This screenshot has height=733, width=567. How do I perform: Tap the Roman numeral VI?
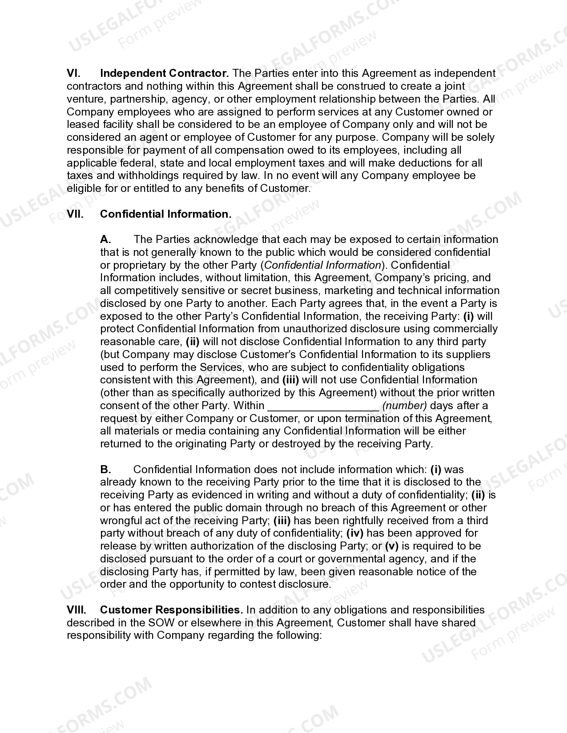pos(73,73)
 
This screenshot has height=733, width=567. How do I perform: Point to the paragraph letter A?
pos(105,240)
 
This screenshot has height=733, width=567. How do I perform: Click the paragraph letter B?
pos(105,470)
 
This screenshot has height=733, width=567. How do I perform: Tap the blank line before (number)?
pos(323,406)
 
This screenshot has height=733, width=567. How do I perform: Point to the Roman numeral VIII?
pos(76,610)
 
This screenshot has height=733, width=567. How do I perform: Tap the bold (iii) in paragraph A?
pos(290,380)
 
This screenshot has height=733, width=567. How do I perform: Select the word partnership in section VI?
pos(138,99)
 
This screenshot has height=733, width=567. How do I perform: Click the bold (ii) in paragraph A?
pos(193,342)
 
